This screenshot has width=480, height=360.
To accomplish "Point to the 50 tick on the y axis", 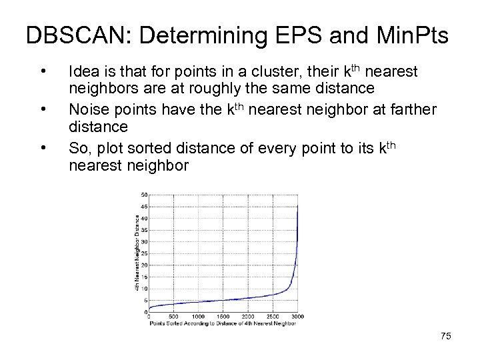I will pyautogui.click(x=144, y=195).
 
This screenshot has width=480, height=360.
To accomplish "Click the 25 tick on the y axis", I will pyautogui.click(x=144, y=253).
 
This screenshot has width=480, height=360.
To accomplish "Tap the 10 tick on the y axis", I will pyautogui.click(x=144, y=289).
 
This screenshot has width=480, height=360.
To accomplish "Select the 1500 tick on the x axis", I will pyautogui.click(x=223, y=317).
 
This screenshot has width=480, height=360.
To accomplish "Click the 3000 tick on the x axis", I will pyautogui.click(x=297, y=317).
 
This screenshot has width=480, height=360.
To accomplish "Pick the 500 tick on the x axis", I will pyautogui.click(x=173, y=317).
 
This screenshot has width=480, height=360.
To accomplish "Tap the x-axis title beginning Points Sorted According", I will pyautogui.click(x=222, y=323).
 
